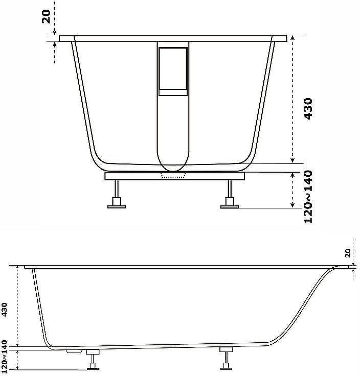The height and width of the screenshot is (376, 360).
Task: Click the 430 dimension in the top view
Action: tap(308, 108)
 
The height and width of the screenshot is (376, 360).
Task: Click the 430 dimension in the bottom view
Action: tap(5, 310)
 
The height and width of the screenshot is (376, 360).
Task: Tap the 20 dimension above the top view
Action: tap(46, 16)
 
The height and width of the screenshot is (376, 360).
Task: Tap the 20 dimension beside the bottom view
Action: tap(348, 253)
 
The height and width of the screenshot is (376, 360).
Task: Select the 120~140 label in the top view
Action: tap(308, 197)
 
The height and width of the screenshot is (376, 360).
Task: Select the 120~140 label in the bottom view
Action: tap(5, 358)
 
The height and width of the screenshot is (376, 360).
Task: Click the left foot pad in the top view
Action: tap(117, 207)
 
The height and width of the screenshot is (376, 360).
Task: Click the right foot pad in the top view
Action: tap(230, 207)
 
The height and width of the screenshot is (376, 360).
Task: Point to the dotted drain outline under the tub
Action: tap(173, 176)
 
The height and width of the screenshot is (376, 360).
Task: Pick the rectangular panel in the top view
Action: tap(173, 72)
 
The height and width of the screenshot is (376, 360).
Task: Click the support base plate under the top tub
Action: tap(175, 176)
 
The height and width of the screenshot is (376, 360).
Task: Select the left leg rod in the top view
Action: tap(117, 189)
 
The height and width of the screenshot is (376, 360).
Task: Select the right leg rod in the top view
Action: tap(230, 189)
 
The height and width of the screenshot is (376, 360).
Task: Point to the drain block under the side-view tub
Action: tap(74, 351)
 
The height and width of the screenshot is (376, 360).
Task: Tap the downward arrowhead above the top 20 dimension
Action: tap(55, 32)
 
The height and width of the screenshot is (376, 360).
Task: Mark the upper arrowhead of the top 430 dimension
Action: tap(292, 38)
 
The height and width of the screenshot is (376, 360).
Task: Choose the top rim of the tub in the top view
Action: tap(173, 38)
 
